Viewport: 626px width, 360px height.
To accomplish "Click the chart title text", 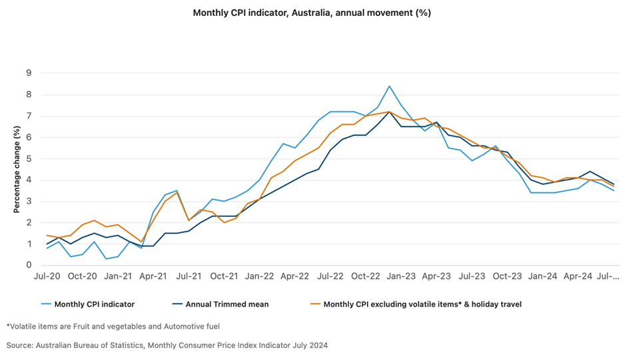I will point(312,13).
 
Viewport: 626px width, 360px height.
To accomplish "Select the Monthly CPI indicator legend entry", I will point(94,304).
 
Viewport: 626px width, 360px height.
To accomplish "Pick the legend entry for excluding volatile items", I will point(422,304).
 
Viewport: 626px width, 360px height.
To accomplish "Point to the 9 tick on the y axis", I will point(29,73).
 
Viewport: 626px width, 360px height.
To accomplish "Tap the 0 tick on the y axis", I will point(29,266).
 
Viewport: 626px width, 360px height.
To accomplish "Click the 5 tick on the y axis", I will point(29,158).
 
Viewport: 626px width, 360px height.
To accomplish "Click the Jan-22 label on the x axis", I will point(260,275).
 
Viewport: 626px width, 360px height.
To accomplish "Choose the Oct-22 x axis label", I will point(366,275).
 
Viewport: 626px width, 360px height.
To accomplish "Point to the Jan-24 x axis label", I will point(543,275).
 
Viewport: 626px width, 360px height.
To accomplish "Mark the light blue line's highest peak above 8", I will point(390,86).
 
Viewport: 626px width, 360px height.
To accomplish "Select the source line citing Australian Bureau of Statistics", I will point(167,345).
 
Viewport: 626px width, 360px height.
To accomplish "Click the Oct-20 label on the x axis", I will point(83,275).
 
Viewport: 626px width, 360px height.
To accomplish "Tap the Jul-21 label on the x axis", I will point(189,275).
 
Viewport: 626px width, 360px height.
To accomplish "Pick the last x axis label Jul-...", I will point(606,275).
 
